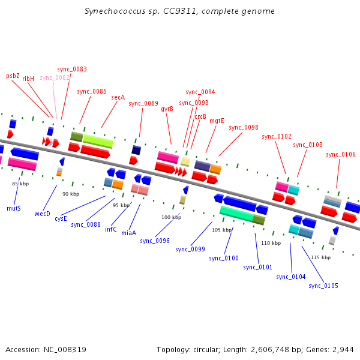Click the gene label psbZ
pos(13,76)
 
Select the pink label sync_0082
pos(55,77)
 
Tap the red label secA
pos(118,97)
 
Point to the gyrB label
pos(167,109)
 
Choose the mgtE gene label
pos(217,121)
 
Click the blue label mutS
pos(14,208)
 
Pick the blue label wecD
pos(42,214)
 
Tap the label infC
pos(111,229)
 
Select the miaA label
pos(128,232)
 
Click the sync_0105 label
pos(323,286)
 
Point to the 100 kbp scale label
pos(171,217)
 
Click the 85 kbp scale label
pos(20,184)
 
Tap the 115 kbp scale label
pos(320,257)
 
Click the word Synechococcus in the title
pos(109,11)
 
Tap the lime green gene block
pos(98,141)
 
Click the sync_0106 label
pos(341,154)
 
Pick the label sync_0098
pos(244,127)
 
